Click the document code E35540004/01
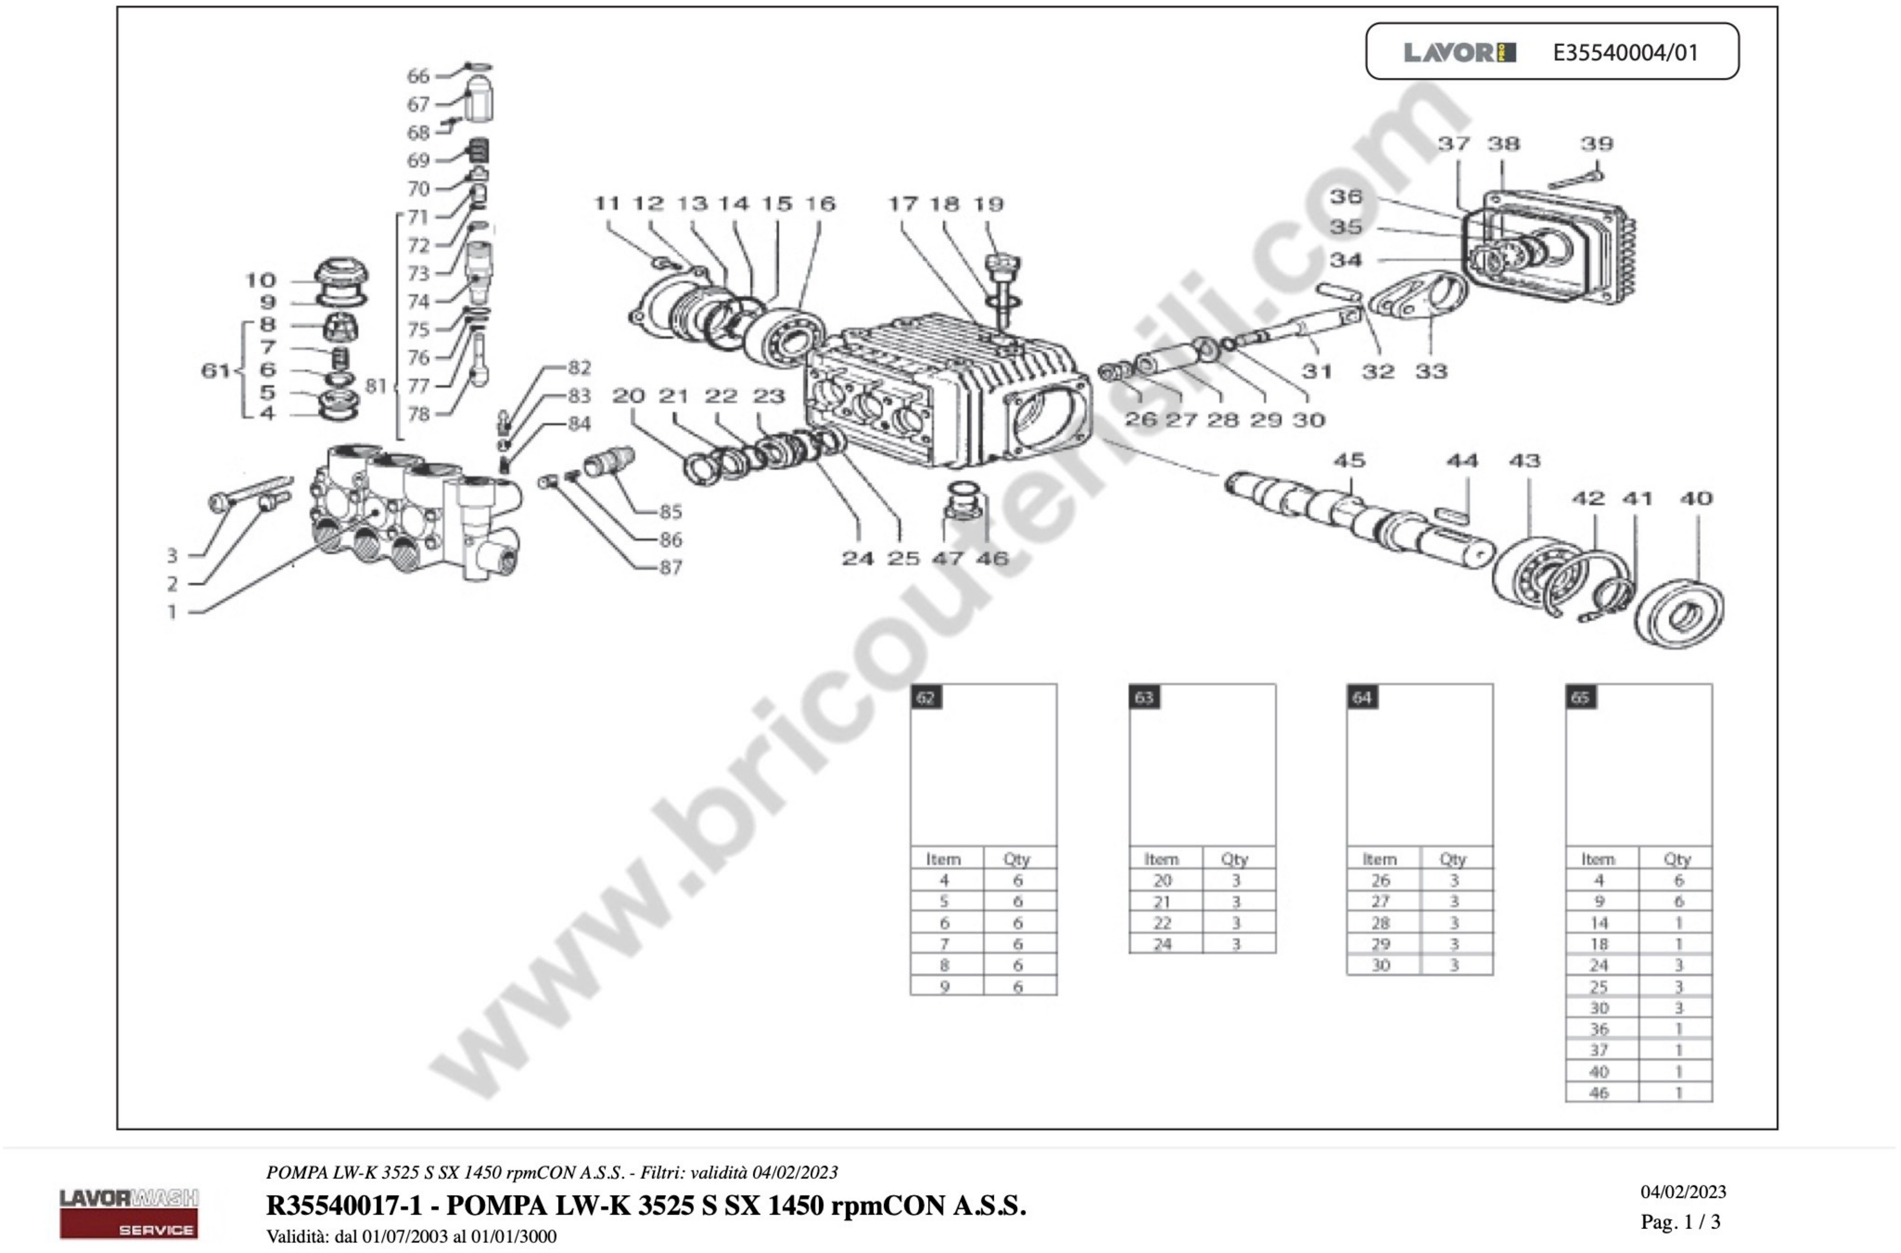point(1625,53)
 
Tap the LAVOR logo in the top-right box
point(1459,53)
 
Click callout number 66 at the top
point(418,76)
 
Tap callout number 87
point(670,567)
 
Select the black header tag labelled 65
point(1580,698)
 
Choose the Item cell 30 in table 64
point(1380,965)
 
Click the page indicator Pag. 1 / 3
point(1680,1222)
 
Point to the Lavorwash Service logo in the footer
point(129,1213)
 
